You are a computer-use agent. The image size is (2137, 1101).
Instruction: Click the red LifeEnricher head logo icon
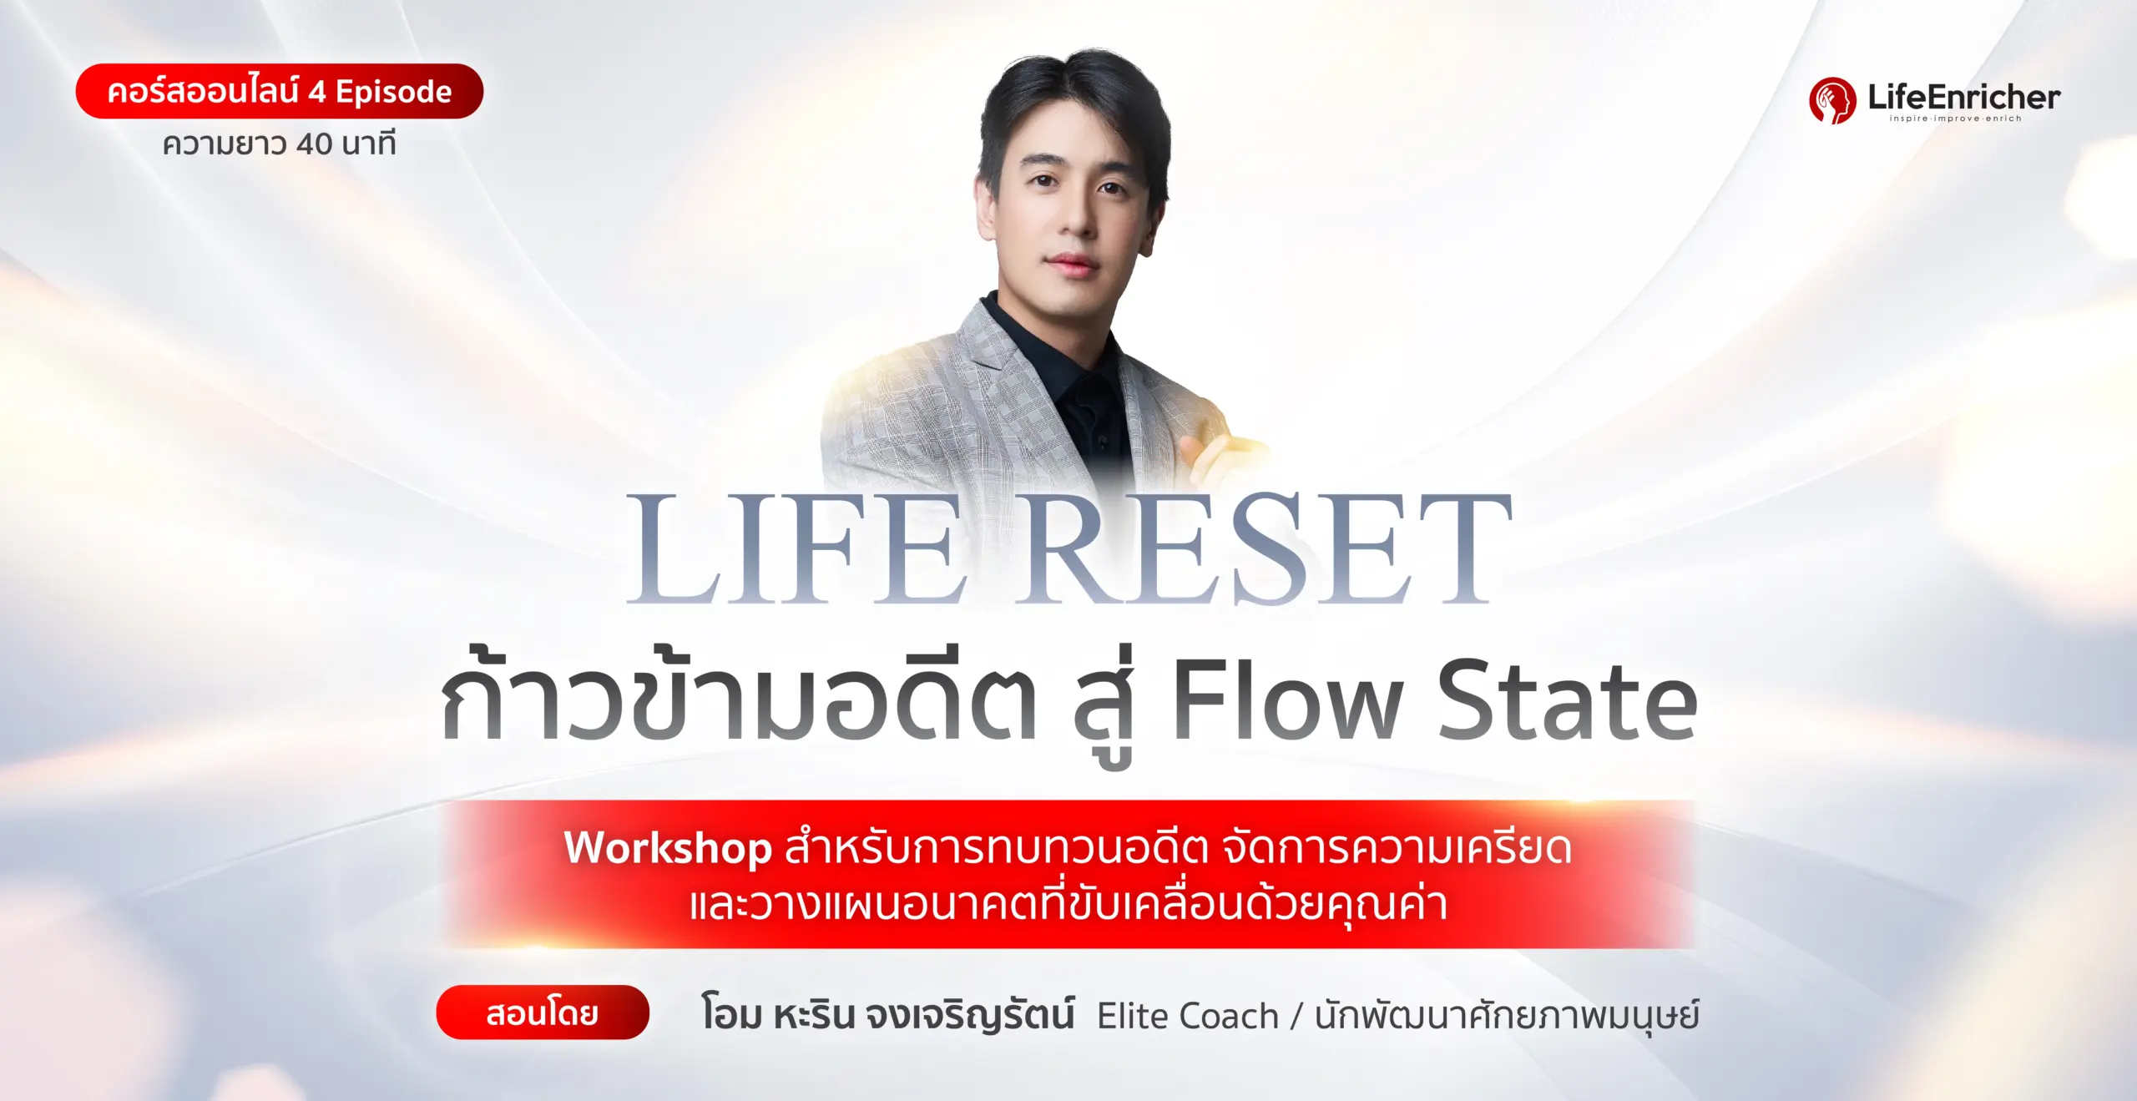coord(1831,100)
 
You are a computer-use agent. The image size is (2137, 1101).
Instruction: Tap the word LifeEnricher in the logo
coord(1963,97)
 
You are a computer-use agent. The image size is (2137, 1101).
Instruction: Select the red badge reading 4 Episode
coord(279,91)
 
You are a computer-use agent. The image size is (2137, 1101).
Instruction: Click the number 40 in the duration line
coord(314,144)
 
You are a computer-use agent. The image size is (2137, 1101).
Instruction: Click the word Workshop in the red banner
coord(668,848)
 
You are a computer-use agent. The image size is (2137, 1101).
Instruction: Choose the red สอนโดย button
coord(542,1013)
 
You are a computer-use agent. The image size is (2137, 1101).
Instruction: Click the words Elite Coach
coord(1187,1016)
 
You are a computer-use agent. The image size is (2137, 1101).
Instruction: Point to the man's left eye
coord(1111,189)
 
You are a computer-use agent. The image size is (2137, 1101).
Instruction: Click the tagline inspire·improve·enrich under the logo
coord(1955,119)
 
